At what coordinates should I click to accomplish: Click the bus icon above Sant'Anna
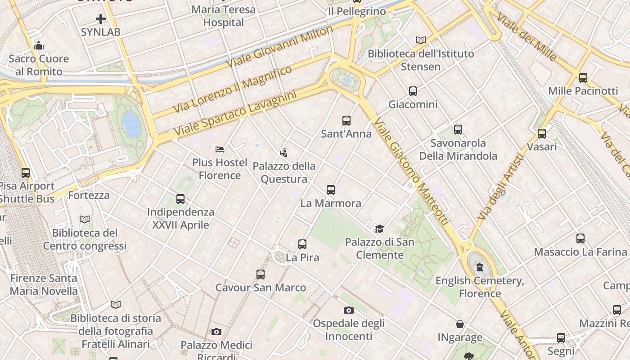pyautogui.click(x=346, y=121)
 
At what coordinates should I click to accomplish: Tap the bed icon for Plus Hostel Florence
pyautogui.click(x=220, y=149)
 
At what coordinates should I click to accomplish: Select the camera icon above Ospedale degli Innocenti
pyautogui.click(x=348, y=310)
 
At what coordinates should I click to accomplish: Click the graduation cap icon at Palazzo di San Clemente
pyautogui.click(x=379, y=229)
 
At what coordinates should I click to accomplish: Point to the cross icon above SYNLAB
pyautogui.click(x=101, y=19)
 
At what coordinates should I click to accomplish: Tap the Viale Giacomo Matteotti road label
pyautogui.click(x=411, y=171)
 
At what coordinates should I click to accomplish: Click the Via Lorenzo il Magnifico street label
pyautogui.click(x=232, y=90)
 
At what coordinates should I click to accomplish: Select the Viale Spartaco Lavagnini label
pyautogui.click(x=235, y=114)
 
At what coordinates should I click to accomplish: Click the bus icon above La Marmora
pyautogui.click(x=331, y=190)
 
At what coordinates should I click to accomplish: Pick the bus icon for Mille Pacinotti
pyautogui.click(x=583, y=78)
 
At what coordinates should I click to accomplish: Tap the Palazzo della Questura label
pyautogui.click(x=284, y=172)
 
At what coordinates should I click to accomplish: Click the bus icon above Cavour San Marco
pyautogui.click(x=261, y=274)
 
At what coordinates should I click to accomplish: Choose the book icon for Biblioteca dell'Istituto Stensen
pyautogui.click(x=421, y=40)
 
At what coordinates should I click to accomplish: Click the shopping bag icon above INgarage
pyautogui.click(x=460, y=324)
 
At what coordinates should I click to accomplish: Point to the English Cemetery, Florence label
pyautogui.click(x=480, y=287)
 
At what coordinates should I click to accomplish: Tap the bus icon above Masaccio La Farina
pyautogui.click(x=580, y=238)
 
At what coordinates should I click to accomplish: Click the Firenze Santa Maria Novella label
pyautogui.click(x=44, y=284)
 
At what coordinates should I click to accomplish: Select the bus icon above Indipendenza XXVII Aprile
pyautogui.click(x=180, y=198)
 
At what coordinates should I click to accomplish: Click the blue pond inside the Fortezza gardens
pyautogui.click(x=131, y=124)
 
